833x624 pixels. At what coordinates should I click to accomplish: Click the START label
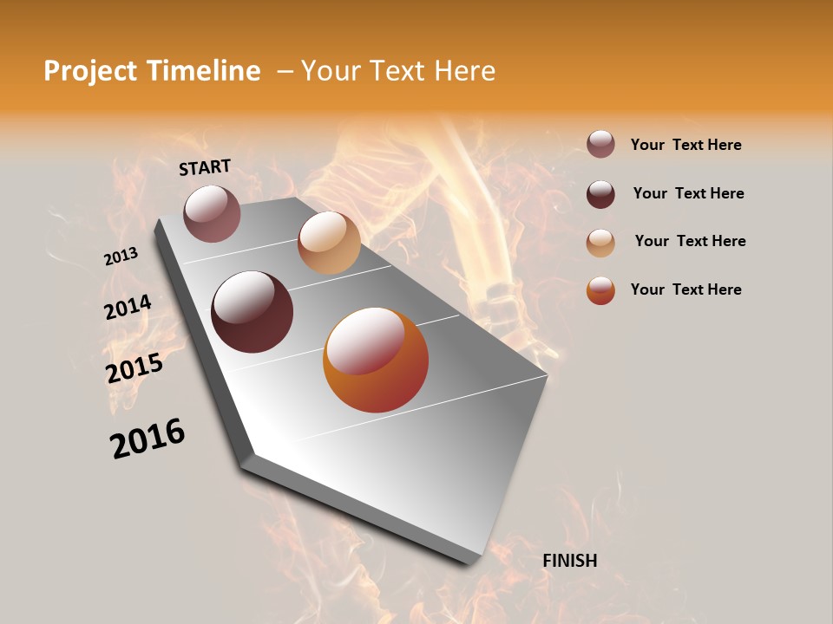205,167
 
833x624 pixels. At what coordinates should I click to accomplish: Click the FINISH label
570,561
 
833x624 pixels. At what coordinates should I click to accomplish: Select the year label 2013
121,257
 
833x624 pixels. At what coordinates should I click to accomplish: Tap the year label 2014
128,308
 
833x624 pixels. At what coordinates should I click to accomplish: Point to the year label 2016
148,439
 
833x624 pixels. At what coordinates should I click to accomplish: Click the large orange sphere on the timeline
376,360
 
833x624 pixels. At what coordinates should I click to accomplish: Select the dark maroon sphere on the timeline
252,312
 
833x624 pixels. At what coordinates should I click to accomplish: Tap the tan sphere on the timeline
329,243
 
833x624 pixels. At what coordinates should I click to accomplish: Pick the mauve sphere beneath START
212,213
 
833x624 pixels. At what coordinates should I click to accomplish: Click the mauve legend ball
600,145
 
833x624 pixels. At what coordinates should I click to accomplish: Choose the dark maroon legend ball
600,194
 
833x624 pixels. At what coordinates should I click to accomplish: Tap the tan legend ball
600,242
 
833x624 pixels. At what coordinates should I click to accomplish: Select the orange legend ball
600,290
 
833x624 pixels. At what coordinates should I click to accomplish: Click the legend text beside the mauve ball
685,145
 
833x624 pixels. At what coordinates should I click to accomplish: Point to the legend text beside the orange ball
685,289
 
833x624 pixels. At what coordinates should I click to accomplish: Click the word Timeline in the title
206,71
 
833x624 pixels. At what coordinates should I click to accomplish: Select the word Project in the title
89,71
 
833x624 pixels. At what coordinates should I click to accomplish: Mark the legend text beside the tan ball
690,241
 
